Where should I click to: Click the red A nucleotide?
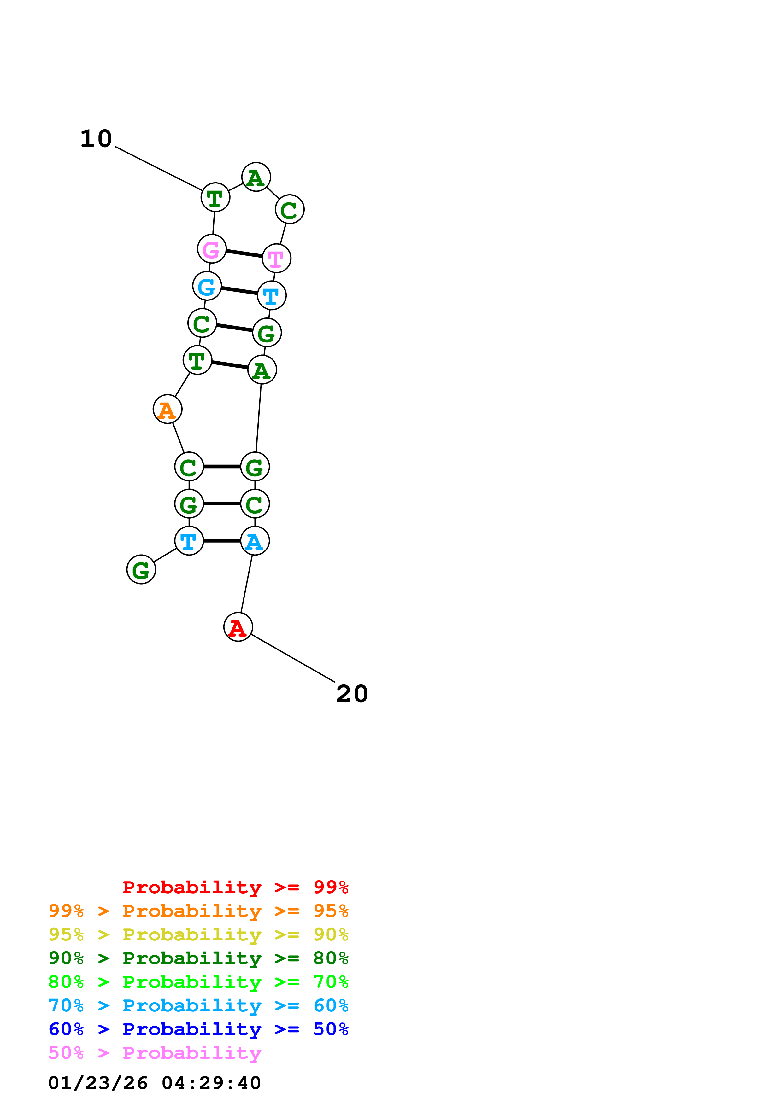(238, 627)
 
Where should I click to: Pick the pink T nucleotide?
(277, 258)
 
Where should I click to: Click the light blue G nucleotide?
(207, 286)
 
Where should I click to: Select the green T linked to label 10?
(215, 197)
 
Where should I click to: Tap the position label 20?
(352, 694)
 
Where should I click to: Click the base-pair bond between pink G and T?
(244, 253)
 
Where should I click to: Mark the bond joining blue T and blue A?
(222, 541)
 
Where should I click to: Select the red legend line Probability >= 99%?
(235, 887)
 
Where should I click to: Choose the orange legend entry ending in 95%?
(198, 911)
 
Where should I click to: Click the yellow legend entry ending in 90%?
(198, 934)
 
